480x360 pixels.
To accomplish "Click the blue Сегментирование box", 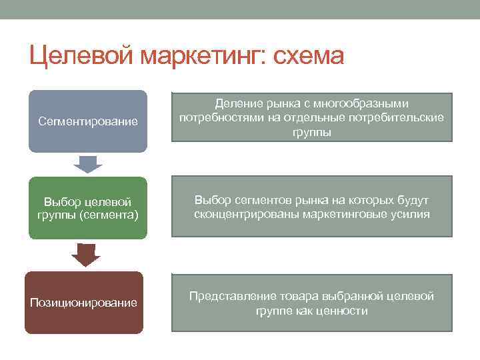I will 88,121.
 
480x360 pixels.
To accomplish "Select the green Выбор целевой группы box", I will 88,208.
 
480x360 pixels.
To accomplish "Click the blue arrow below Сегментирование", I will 87,163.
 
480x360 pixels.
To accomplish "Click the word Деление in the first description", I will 235,104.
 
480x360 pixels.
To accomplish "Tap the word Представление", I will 230,296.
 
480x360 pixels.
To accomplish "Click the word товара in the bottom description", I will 297,296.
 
